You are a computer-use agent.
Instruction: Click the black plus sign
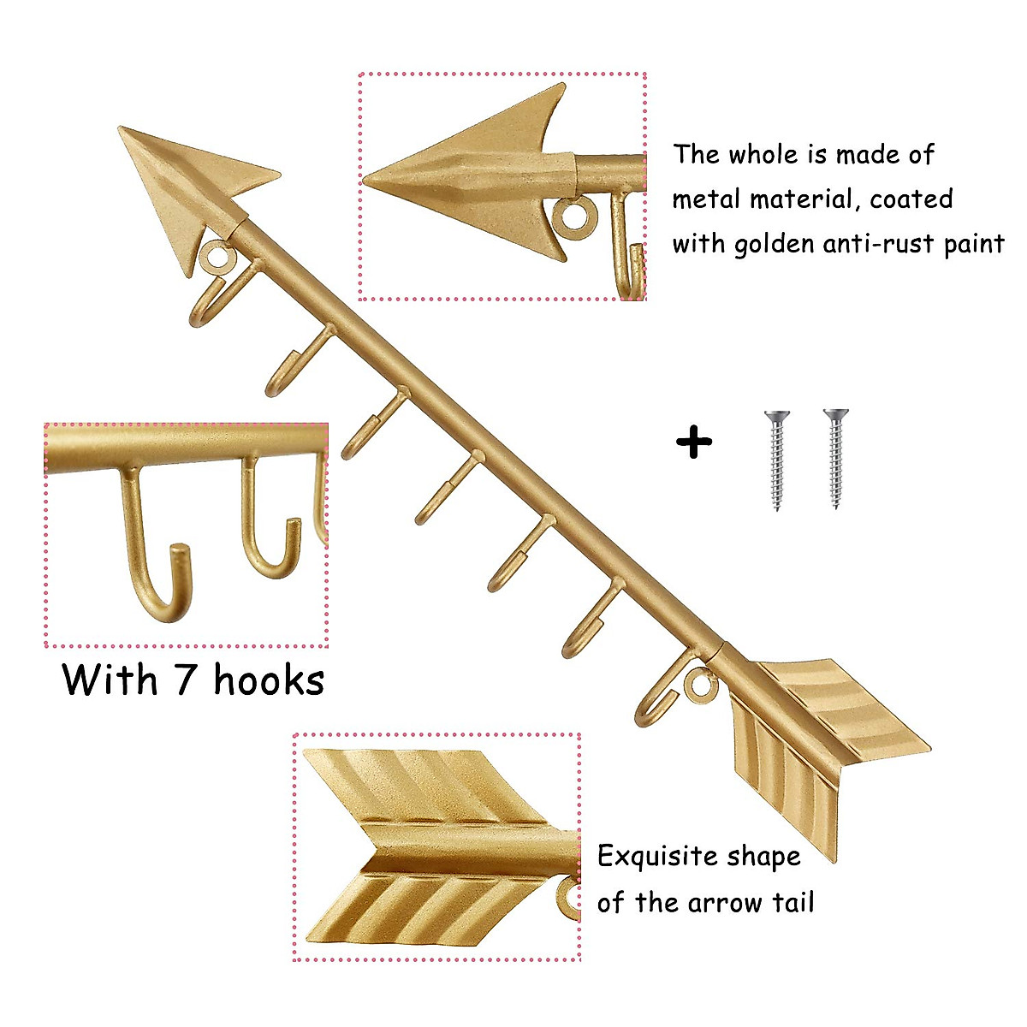(x=693, y=443)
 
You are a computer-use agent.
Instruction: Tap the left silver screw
(x=777, y=460)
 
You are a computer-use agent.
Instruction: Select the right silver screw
(x=835, y=459)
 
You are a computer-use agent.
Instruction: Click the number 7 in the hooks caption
(x=186, y=680)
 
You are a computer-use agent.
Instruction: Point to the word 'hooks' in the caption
(x=269, y=680)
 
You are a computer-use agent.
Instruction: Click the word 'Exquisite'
(x=657, y=857)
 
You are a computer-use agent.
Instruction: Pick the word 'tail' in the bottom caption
(x=792, y=902)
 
